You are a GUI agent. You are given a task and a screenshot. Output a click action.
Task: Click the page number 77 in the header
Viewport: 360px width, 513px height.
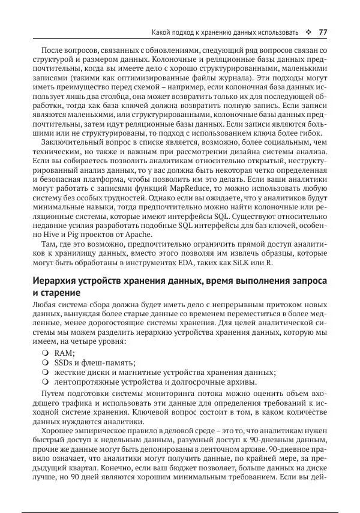322,32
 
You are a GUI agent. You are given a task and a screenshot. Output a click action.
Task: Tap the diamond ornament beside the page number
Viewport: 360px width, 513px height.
308,32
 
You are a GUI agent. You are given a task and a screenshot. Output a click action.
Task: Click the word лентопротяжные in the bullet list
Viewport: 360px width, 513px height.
87,382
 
